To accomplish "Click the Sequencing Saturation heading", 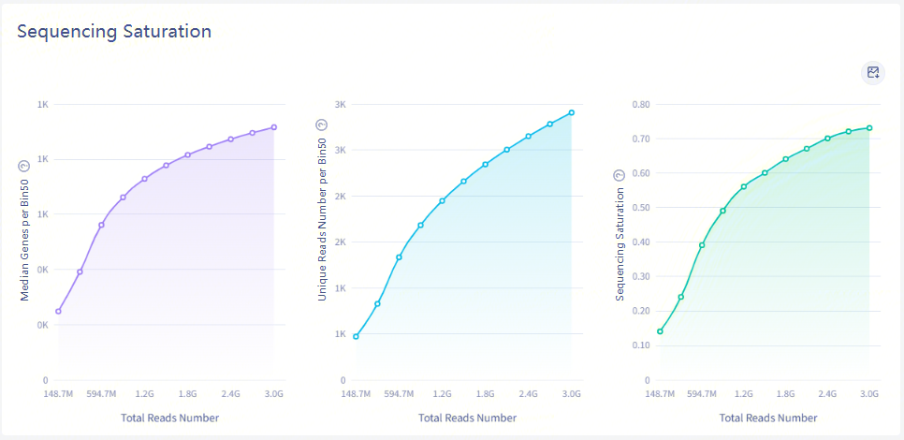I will tap(114, 31).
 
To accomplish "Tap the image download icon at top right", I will tap(873, 72).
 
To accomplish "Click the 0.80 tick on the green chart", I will tap(640, 104).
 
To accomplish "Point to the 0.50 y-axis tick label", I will tap(640, 208).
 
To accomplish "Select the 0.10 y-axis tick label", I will tap(640, 345).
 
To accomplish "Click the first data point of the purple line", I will tap(58, 312).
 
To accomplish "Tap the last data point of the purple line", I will tap(274, 127).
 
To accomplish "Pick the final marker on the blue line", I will tap(571, 112).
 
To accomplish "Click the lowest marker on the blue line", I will tap(356, 336).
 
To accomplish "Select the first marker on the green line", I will tap(660, 331).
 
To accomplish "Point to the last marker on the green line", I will tap(869, 128).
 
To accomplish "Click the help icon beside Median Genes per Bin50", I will tap(25, 165).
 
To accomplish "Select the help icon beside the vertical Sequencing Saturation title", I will tap(619, 175).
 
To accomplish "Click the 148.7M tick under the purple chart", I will tap(58, 394).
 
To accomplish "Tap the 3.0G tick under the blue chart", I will tap(571, 394).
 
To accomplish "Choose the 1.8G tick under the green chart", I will tap(785, 394).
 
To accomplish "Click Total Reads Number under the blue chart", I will tap(462, 418).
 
